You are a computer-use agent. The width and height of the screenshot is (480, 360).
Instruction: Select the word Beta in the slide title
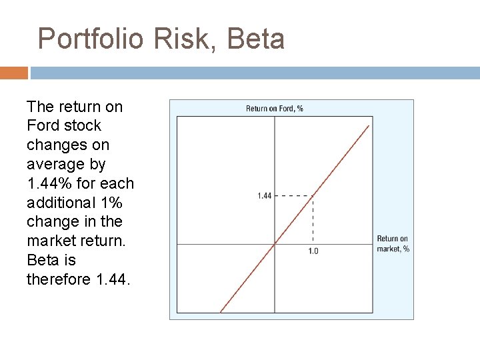click(x=256, y=39)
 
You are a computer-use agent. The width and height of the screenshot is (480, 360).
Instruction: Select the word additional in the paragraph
click(x=57, y=202)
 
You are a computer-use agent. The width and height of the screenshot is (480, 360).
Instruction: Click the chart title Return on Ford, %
click(x=274, y=109)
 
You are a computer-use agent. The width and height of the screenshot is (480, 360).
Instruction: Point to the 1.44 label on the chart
click(x=265, y=196)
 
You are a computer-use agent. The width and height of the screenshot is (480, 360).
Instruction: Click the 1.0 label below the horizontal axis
click(x=313, y=251)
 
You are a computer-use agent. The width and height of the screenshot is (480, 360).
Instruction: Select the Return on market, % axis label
click(x=393, y=243)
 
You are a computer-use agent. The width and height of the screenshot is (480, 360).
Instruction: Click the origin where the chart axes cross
click(x=275, y=243)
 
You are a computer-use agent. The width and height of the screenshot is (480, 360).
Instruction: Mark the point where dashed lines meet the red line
click(x=313, y=195)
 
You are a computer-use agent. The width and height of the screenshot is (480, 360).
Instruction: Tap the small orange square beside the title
click(x=14, y=72)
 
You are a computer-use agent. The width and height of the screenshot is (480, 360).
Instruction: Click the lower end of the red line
click(x=221, y=311)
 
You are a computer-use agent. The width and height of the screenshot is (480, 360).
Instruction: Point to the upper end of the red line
click(x=369, y=125)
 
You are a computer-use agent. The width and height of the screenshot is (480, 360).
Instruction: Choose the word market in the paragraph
click(x=52, y=240)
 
